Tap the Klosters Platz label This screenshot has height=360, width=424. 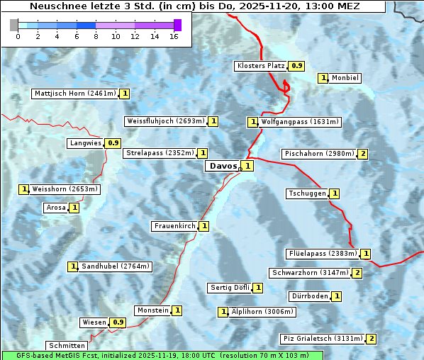click(260, 66)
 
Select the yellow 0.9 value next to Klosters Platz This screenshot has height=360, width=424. click(297, 66)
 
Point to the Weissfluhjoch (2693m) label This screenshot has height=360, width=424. click(166, 121)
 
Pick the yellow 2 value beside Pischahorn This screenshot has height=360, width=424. click(363, 154)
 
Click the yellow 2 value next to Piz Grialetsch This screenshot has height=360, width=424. click(372, 339)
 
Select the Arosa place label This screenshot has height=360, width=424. click(55, 208)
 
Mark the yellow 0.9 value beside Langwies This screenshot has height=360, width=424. click(113, 143)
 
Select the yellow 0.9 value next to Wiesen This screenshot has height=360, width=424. click(118, 322)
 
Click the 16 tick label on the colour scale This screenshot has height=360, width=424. click(174, 36)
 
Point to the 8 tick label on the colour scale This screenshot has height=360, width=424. click(96, 36)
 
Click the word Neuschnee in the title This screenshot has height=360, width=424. click(57, 6)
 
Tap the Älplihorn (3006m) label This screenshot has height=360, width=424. click(262, 311)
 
